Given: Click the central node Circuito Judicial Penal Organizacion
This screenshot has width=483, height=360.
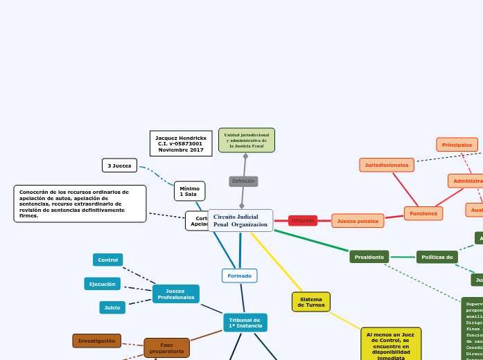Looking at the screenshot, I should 240,221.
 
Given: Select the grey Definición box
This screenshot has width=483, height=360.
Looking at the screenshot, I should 243,181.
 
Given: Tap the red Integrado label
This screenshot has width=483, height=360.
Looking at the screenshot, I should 303,221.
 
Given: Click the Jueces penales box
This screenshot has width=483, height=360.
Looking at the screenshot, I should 358,221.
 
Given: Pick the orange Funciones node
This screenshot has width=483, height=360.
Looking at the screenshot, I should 423,213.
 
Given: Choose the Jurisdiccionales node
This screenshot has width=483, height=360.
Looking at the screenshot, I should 387,165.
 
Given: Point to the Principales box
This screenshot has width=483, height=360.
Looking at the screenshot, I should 457,145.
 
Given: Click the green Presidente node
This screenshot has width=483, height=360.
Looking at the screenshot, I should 369,257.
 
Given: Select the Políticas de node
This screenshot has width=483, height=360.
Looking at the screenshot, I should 437,257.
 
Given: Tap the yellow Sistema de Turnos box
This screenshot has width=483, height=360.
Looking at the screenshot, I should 311,302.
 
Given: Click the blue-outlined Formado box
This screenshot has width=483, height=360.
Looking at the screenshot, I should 240,276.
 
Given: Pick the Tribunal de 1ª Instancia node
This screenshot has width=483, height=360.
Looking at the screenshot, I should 245,323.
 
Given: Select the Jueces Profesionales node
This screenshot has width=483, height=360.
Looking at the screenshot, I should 176,294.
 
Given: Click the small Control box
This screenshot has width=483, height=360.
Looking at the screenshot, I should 108,260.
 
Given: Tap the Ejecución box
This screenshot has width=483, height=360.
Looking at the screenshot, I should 103,284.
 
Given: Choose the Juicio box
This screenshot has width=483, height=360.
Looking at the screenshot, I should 112,307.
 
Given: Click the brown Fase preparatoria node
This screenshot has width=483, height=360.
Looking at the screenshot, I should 167,348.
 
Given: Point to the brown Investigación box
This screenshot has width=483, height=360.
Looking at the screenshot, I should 97,341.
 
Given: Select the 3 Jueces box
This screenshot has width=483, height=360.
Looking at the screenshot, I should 119,165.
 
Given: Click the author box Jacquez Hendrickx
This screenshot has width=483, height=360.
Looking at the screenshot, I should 181,143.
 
